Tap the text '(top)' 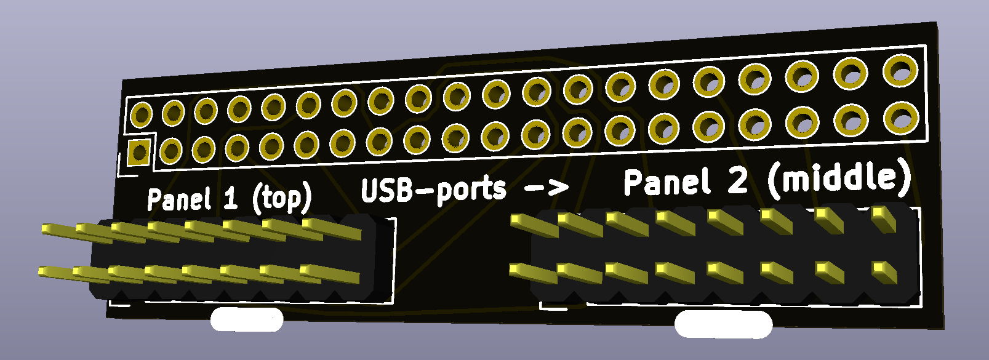tap(282, 198)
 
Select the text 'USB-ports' tap(433, 190)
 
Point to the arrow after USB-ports tap(547, 186)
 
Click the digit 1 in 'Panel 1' tap(231, 199)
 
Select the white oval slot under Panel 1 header tap(247, 320)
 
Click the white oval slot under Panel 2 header tap(723, 324)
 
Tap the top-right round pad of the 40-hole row tap(900, 70)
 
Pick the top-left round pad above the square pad tap(141, 114)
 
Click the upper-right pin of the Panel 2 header tap(883, 216)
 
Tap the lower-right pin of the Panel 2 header tap(883, 270)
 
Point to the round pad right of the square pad tap(171, 151)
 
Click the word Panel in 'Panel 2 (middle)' tap(667, 182)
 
